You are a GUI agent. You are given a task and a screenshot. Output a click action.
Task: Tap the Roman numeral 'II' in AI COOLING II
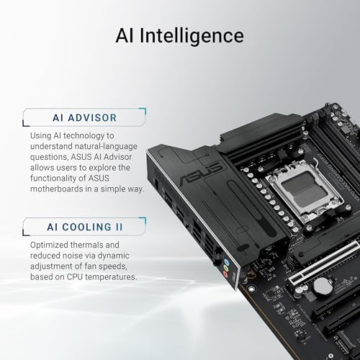click(x=117, y=206)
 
